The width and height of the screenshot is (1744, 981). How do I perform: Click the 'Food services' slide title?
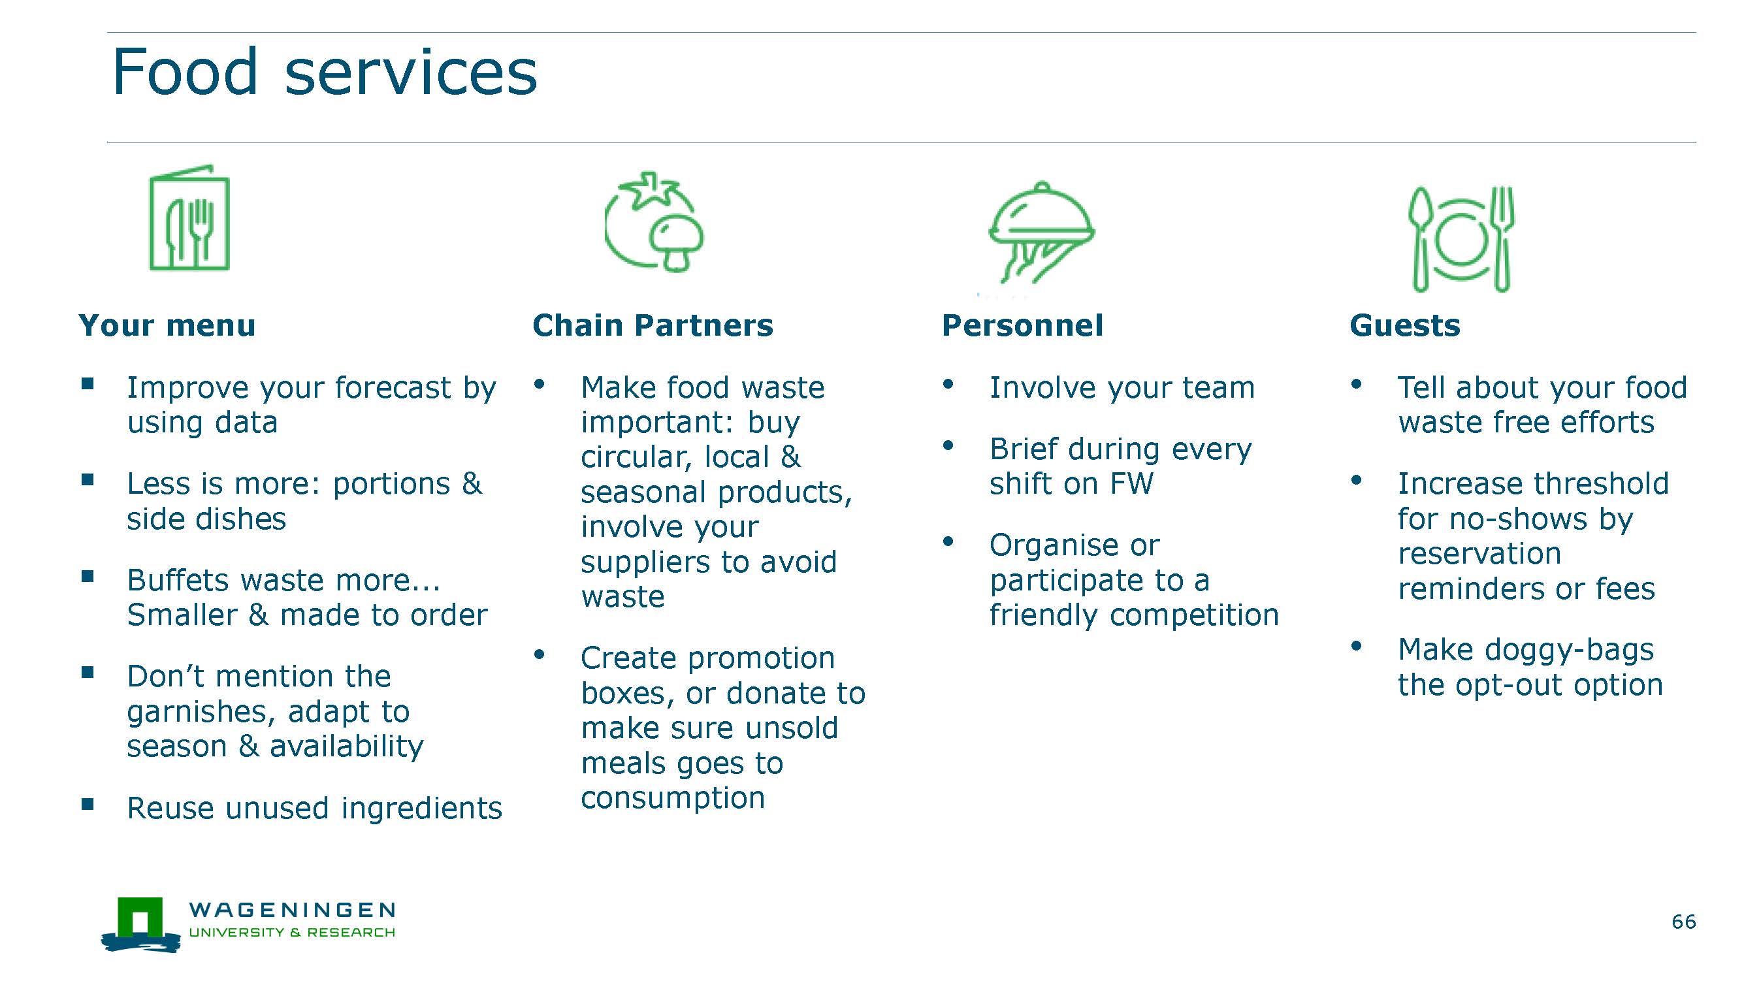tap(324, 72)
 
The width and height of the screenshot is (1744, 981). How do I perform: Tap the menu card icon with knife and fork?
tap(189, 217)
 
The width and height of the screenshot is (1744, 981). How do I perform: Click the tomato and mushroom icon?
tap(654, 221)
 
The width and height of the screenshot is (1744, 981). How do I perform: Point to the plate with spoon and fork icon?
tap(1461, 239)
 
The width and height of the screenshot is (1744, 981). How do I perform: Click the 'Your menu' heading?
tap(167, 326)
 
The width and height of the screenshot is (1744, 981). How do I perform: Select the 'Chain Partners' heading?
tap(653, 326)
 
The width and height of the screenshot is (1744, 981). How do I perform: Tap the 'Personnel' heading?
tap(1022, 326)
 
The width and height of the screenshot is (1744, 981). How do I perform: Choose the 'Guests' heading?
tap(1405, 326)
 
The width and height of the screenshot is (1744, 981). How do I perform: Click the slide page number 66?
tap(1684, 922)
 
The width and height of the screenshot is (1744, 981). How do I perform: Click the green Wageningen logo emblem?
tap(141, 925)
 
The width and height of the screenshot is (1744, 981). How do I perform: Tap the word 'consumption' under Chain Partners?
tap(673, 798)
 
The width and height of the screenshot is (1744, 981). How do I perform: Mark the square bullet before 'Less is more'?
tap(88, 480)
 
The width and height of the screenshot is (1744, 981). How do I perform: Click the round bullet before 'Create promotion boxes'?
tap(539, 654)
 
